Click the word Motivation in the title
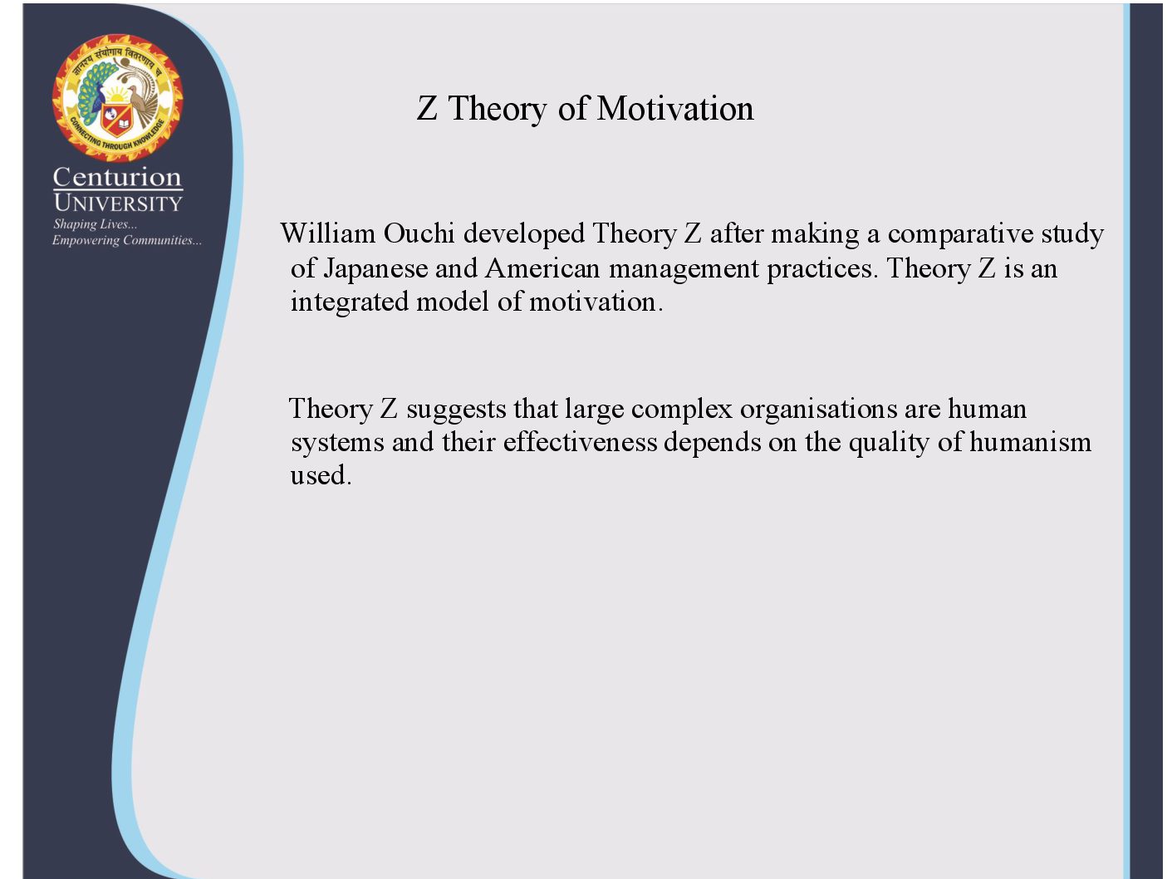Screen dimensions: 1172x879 point(675,108)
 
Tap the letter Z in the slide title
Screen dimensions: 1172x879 point(427,108)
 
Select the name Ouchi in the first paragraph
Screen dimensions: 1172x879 point(419,233)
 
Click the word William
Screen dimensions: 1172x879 point(328,233)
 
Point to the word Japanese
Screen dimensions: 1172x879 point(375,268)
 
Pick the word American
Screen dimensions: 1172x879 point(542,268)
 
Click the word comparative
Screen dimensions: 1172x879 point(960,234)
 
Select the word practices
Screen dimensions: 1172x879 point(822,269)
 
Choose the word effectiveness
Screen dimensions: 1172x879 point(580,442)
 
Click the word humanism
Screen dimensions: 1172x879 point(1030,442)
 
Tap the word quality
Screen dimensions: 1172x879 point(889,443)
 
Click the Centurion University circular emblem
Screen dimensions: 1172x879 point(117,98)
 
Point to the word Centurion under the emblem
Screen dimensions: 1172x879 point(117,177)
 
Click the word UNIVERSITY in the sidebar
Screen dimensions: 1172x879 point(118,204)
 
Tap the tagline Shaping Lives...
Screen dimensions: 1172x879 point(95,224)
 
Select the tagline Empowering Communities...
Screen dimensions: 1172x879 point(127,240)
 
